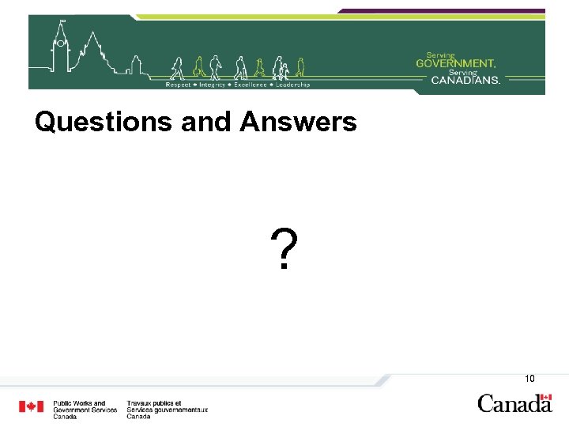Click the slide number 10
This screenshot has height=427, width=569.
tap(529, 379)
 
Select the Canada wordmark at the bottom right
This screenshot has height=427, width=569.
tap(514, 404)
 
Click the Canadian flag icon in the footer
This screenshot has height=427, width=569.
tap(32, 406)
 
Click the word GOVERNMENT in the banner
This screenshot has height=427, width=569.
tap(456, 62)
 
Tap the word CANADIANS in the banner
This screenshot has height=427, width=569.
tap(466, 79)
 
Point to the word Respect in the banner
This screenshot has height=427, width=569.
tap(178, 85)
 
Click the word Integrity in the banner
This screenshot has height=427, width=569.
tap(213, 85)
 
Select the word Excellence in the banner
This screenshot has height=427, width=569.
tap(250, 85)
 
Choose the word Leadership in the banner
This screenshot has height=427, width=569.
tap(292, 85)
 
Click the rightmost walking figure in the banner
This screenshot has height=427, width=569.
tap(300, 67)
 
